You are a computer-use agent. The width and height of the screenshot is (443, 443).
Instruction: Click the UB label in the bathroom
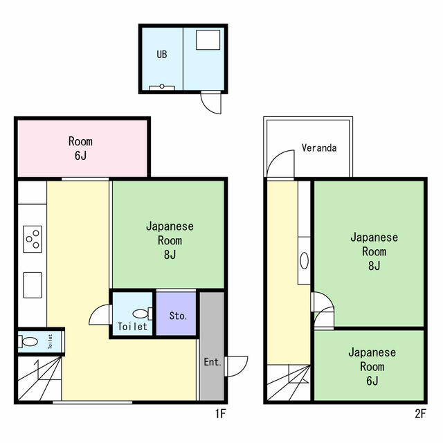[162, 54]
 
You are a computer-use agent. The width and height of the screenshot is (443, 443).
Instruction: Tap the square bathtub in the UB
[208, 40]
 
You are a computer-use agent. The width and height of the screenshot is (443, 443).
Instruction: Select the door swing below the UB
[210, 102]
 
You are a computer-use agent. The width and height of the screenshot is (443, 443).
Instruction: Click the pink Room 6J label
[80, 148]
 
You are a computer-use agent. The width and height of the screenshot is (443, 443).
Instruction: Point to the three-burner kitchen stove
[33, 239]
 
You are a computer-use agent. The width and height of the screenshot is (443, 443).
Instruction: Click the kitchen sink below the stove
[33, 285]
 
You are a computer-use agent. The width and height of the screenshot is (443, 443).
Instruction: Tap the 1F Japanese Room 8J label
[170, 240]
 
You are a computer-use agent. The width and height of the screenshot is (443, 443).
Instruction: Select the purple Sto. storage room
[176, 314]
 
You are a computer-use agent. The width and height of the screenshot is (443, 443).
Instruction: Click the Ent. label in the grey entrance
[213, 362]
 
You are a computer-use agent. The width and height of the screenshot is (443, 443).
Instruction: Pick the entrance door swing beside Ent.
[237, 366]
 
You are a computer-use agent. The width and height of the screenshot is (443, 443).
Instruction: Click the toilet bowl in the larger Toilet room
[142, 314]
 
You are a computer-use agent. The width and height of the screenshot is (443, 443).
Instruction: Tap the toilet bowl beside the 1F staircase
[28, 341]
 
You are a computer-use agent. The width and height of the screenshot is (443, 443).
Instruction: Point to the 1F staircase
[39, 379]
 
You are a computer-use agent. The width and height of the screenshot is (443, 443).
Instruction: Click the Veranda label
[319, 147]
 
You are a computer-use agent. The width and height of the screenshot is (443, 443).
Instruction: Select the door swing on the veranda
[280, 165]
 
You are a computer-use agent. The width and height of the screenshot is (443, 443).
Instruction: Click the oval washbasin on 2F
[304, 260]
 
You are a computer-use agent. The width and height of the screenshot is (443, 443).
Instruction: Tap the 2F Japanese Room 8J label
[374, 251]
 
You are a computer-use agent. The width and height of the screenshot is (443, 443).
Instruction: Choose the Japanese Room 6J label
[372, 366]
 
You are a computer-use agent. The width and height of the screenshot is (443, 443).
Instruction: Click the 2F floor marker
[420, 414]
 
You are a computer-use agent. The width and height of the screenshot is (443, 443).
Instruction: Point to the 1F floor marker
[221, 414]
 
